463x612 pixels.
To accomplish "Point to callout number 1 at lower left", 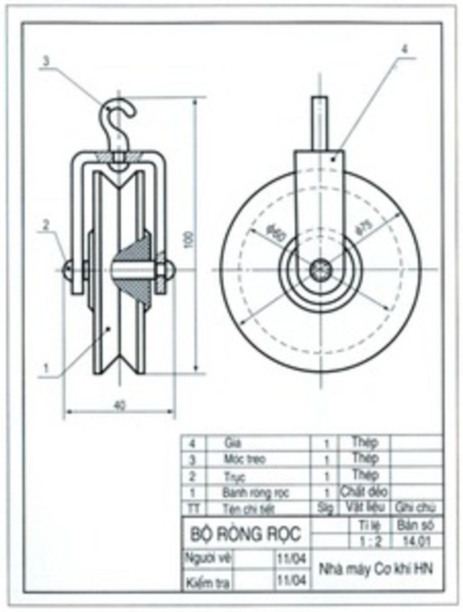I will [x=46, y=368].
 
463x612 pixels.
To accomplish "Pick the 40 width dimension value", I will [x=119, y=405].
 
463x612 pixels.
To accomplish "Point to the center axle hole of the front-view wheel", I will [x=321, y=270].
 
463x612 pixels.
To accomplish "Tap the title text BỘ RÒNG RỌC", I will [x=245, y=534].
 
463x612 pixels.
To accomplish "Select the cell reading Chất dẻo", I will [x=364, y=491].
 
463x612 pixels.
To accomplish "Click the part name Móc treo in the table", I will [x=245, y=459].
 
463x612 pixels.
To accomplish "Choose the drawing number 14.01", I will [x=416, y=541].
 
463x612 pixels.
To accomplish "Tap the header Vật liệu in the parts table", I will [x=365, y=507].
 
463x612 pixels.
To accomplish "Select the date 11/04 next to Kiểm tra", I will [x=291, y=579].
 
